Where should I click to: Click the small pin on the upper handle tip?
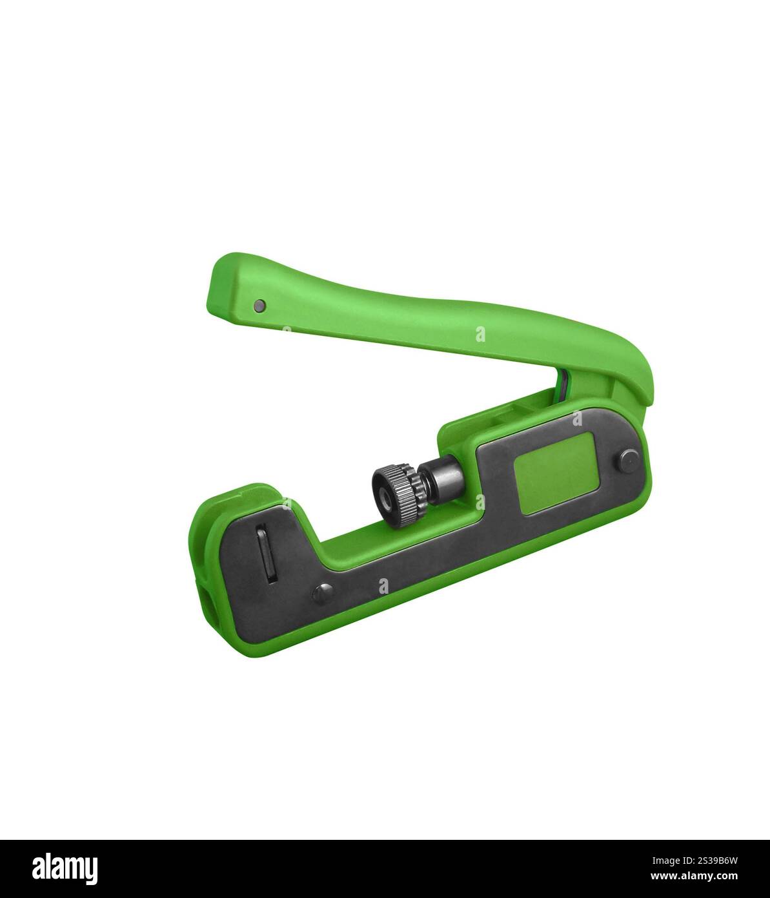point(259,306)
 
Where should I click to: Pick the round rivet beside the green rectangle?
point(629,461)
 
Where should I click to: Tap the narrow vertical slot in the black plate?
point(266,554)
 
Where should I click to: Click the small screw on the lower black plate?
point(323,593)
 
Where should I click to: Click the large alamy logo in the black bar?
point(65,868)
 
